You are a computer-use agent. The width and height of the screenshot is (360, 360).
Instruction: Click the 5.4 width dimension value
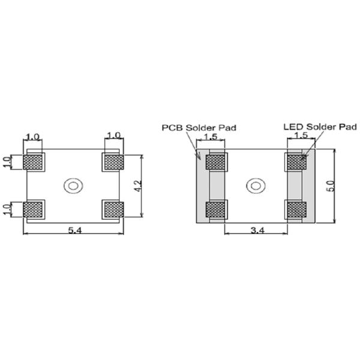coord(73,229)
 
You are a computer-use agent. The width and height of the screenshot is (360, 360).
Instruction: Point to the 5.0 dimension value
coord(329,185)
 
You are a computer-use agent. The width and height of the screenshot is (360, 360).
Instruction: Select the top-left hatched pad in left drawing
coord(34,162)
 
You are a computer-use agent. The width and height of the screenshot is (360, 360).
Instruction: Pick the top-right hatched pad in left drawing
coord(113,161)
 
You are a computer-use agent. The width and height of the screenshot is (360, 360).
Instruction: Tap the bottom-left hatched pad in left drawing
coord(34,209)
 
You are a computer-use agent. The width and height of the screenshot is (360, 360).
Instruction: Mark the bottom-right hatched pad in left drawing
coord(113,209)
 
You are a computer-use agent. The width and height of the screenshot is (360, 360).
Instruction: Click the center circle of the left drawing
coord(73,185)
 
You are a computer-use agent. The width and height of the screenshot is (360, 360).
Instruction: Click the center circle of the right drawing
coord(256,185)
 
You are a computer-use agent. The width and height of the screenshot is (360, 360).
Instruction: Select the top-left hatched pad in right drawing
coord(216,162)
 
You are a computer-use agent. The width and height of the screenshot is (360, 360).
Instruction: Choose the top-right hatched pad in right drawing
coord(296,162)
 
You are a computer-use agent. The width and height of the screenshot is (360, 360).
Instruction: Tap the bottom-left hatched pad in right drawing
coord(216,209)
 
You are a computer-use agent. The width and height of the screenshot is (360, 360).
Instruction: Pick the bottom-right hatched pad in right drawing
coord(296,209)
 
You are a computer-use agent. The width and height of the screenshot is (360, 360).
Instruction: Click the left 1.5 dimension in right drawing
coord(211,137)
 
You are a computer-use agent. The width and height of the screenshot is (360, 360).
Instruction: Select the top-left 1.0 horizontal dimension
coord(33,136)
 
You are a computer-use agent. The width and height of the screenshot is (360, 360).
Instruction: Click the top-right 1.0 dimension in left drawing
coord(113,136)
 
